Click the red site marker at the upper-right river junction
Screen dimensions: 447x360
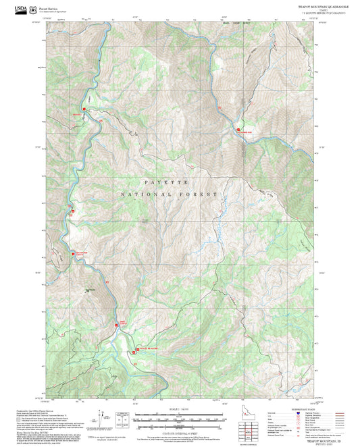pos(238,129)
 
